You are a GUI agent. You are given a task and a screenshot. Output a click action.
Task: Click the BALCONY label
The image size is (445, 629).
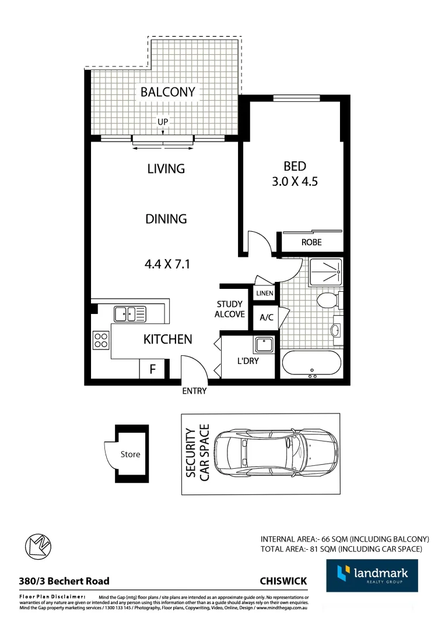167,92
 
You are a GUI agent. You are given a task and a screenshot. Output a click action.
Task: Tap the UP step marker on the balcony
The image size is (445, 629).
163,122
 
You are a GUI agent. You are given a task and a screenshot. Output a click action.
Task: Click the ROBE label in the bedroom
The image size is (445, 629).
311,242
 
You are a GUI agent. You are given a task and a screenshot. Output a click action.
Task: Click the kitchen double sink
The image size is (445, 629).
130,313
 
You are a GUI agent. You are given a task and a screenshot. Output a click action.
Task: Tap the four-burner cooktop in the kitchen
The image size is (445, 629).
101,340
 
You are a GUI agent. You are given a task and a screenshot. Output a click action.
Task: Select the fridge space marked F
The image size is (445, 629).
153,369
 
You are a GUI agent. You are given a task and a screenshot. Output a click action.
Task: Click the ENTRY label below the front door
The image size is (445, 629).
194,391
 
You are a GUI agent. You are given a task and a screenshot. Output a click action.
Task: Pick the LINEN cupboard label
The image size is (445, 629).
264,294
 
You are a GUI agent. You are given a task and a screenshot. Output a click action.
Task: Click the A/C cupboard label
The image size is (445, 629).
267,317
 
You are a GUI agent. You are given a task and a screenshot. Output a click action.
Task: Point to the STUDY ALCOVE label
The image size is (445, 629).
230,309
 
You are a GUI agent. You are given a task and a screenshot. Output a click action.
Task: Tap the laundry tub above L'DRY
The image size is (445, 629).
264,344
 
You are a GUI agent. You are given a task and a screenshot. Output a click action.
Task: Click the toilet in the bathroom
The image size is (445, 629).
327,301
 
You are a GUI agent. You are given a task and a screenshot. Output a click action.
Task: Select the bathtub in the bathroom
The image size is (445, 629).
311,364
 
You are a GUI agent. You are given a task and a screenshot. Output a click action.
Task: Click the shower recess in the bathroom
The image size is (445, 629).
326,272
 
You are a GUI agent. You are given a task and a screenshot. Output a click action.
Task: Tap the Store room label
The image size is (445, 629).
131,454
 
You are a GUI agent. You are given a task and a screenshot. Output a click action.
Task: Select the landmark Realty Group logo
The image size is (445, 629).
372,575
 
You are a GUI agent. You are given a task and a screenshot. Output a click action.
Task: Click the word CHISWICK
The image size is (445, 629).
283,581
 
